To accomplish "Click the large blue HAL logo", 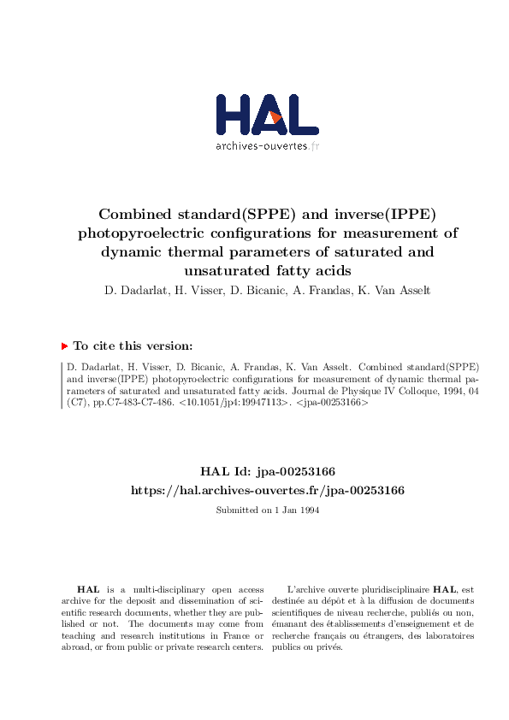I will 267,115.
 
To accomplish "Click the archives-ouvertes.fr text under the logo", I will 267,145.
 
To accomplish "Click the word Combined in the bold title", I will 132,213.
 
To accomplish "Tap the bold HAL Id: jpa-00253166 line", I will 267,471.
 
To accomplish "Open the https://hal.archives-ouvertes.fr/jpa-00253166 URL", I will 267,491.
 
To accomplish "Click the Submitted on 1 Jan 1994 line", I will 267,510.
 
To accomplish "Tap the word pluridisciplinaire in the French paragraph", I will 392,590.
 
